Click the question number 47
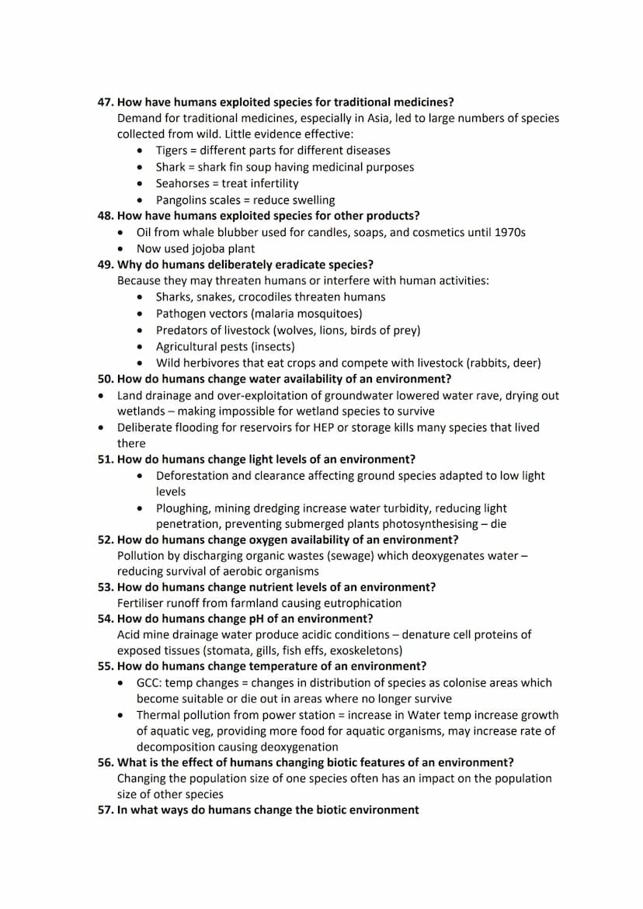(105, 102)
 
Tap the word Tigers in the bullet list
(171, 151)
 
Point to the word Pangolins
(182, 200)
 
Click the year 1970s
(509, 232)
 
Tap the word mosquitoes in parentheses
(329, 314)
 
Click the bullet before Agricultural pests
(139, 347)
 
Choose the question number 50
(105, 379)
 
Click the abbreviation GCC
(150, 683)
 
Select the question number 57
(105, 810)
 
